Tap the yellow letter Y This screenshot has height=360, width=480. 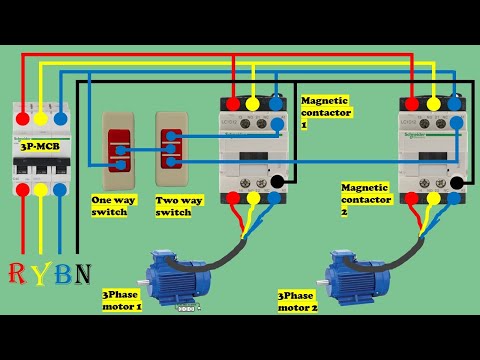coord(40,273)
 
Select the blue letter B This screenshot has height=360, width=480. coord(61,273)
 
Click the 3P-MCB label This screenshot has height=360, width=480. coord(40,146)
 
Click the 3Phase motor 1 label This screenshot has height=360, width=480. coord(122,301)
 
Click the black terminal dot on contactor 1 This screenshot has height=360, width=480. coord(277,182)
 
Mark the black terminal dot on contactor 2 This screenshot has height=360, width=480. coord(457,183)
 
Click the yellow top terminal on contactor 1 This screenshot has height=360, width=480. coord(253,103)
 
